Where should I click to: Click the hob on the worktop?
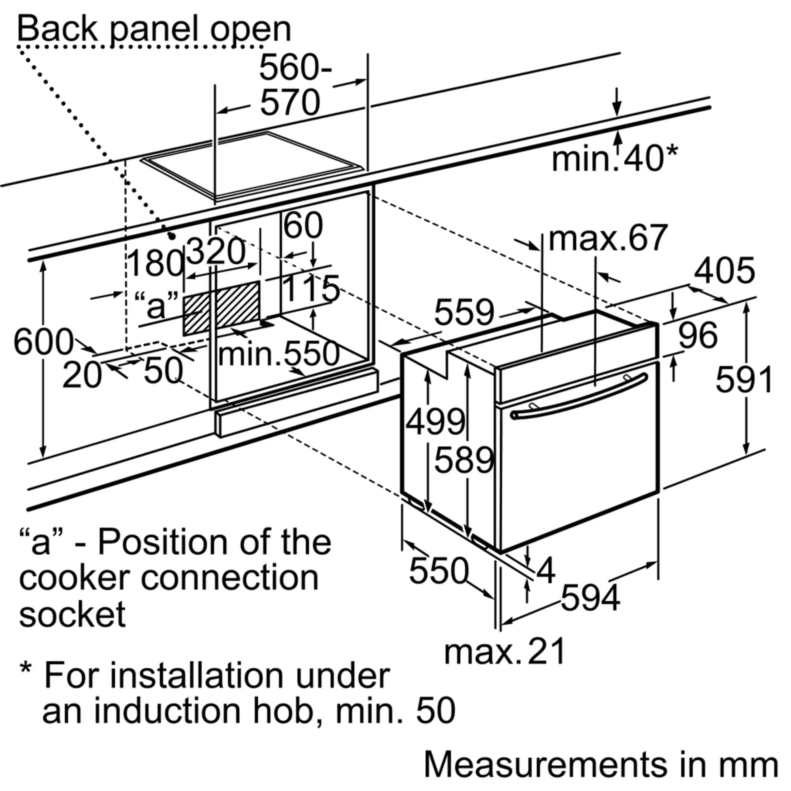[252, 165]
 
